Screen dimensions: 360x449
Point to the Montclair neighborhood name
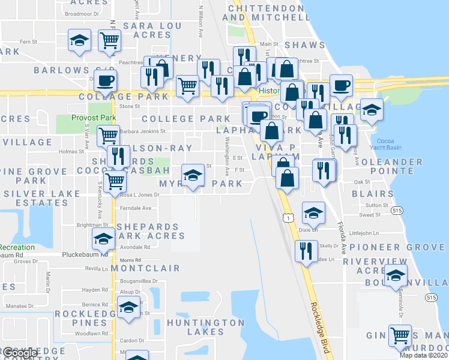142,268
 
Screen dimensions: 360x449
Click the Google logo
20,353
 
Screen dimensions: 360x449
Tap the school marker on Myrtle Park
193,175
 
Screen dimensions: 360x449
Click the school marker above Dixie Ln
313,212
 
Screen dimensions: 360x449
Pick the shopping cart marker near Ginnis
400,335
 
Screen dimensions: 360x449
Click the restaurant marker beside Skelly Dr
306,250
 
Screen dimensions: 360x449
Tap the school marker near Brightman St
103,238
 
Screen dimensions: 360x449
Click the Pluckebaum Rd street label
88,254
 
